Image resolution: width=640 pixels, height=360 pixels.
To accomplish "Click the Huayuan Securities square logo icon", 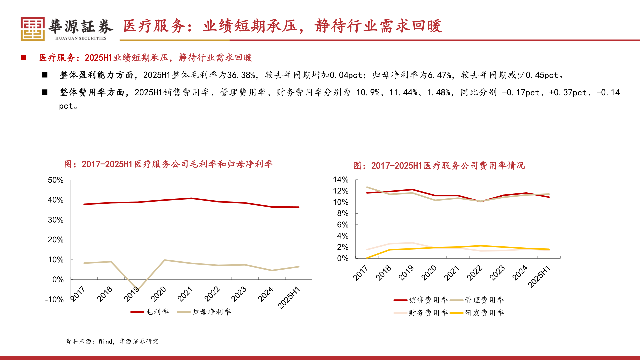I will click(32, 29).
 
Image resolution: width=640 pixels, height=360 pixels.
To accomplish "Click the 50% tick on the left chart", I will click(56, 180).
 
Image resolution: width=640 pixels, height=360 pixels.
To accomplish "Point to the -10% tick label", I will click(54, 299).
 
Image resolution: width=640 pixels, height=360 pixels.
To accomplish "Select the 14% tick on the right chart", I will click(341, 180).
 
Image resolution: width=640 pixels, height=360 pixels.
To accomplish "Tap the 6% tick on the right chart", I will click(342, 225).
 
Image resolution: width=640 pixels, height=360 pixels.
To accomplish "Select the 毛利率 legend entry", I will click(150, 312).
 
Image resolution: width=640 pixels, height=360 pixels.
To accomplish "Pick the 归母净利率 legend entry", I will click(204, 312).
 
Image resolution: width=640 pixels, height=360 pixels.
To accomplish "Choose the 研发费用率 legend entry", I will click(477, 313).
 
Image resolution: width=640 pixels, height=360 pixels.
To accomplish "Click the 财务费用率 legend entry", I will click(421, 313).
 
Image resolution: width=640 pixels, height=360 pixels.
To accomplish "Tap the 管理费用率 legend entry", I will click(477, 300).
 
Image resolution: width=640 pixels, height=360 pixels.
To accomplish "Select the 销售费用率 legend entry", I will click(421, 300).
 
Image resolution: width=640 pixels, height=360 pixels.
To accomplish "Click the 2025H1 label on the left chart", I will click(289, 297).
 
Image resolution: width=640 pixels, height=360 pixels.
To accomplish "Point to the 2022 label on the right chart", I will click(475, 273).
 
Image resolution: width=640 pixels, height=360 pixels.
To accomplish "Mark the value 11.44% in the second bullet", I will click(403, 92).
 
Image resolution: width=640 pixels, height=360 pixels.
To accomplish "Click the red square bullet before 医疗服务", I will click(23, 58).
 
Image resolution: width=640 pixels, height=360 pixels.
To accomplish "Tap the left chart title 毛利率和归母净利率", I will click(168, 164).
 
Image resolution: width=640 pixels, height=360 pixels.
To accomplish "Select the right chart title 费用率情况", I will click(439, 165).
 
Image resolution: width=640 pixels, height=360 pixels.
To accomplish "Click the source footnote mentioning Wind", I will click(112, 341).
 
